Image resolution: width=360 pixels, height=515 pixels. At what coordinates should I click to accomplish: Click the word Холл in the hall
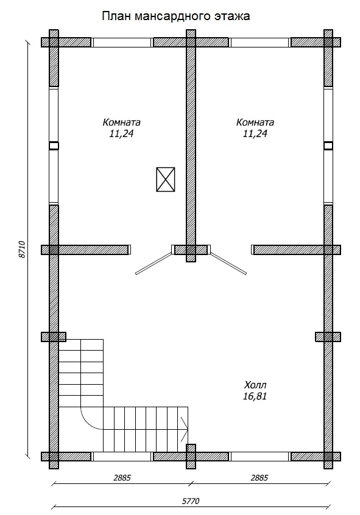point(255,385)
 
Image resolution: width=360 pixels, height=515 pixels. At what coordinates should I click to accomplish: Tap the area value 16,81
point(255,396)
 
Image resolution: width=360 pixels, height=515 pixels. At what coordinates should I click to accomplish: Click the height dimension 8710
point(22,250)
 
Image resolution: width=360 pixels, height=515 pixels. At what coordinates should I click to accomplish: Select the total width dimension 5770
point(191,501)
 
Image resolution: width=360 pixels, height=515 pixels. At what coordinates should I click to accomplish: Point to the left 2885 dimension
point(122,477)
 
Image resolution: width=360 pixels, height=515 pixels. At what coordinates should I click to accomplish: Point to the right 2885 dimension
point(259,477)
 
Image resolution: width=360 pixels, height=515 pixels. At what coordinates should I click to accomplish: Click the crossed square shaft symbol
point(165,180)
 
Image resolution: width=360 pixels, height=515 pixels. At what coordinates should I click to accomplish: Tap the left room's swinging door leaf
point(154,263)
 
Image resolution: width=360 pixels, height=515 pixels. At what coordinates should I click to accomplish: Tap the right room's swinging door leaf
point(228,263)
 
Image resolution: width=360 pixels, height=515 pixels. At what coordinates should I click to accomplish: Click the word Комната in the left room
point(122,122)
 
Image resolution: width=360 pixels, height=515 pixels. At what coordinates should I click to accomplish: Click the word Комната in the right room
point(255,122)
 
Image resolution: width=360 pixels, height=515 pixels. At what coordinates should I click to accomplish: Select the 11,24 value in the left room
point(122,133)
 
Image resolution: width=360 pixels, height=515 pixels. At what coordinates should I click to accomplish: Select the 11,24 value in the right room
point(255,133)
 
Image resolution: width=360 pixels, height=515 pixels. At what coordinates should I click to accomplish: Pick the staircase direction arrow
point(184,429)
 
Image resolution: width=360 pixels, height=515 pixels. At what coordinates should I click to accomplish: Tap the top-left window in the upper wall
point(122,43)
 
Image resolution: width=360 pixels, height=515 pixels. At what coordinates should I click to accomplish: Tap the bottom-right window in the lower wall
point(259,457)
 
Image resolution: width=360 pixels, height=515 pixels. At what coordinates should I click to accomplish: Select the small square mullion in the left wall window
point(54,146)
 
